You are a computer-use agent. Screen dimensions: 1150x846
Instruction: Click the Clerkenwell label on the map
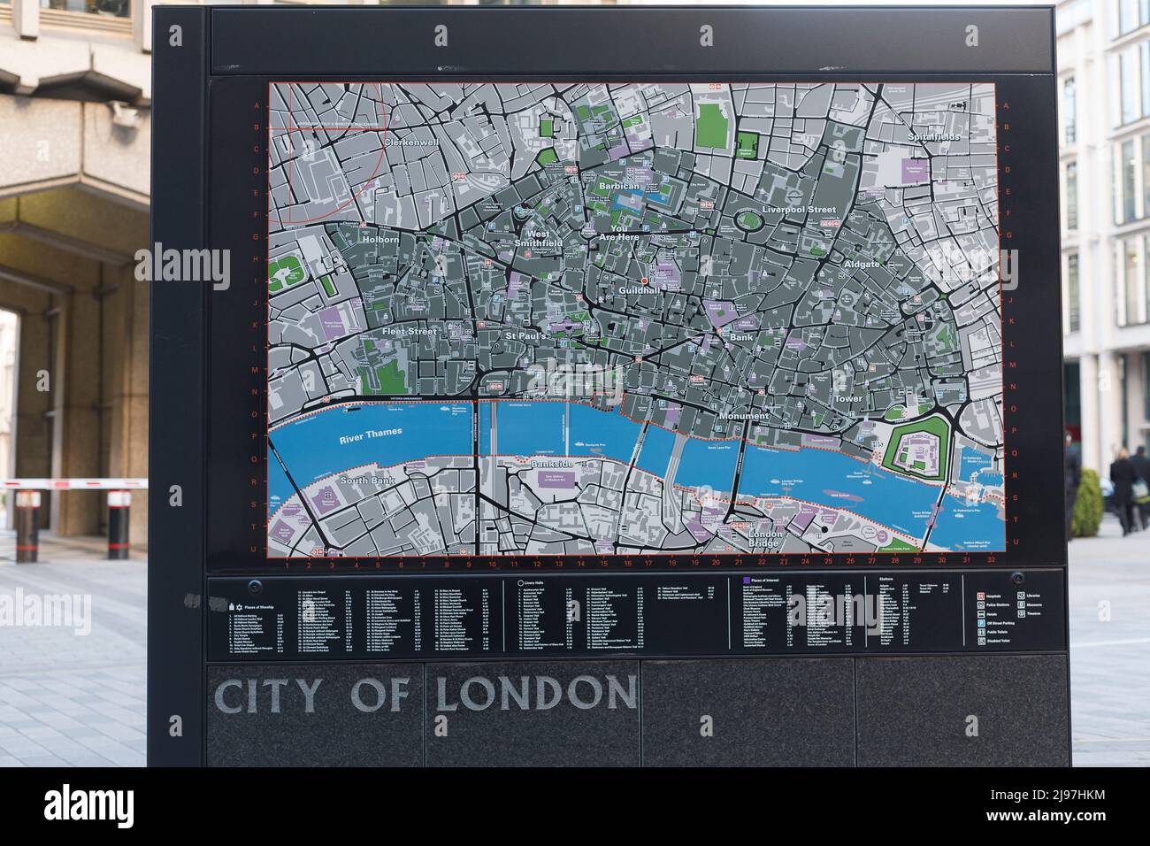[411, 142]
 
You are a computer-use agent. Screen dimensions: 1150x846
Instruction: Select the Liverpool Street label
[799, 210]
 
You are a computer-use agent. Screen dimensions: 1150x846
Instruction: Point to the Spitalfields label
[934, 137]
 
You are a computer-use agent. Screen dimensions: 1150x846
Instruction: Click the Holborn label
[379, 239]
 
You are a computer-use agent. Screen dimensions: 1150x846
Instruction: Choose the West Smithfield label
[538, 238]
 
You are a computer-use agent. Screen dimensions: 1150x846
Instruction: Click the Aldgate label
[862, 265]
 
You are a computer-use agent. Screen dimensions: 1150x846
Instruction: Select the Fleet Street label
[410, 331]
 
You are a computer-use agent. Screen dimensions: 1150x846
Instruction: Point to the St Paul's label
[528, 336]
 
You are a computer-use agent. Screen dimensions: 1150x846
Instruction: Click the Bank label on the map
[740, 337]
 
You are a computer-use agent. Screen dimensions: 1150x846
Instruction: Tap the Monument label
[744, 416]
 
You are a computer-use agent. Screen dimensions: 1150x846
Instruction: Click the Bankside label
[554, 465]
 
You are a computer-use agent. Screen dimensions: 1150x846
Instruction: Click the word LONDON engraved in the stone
[536, 694]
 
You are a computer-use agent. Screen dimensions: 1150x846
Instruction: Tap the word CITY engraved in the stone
[267, 696]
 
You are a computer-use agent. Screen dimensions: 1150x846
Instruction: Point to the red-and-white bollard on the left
[119, 525]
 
